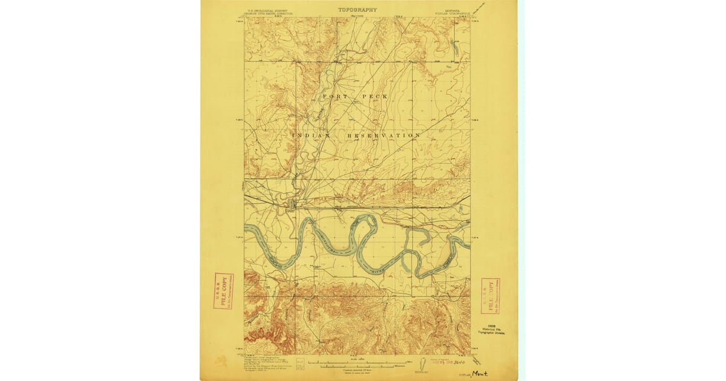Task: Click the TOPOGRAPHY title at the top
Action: click(357, 10)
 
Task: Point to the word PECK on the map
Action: click(374, 97)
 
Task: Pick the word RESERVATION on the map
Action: click(383, 135)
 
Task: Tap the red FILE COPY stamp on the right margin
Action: click(489, 296)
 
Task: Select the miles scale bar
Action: click(348, 362)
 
